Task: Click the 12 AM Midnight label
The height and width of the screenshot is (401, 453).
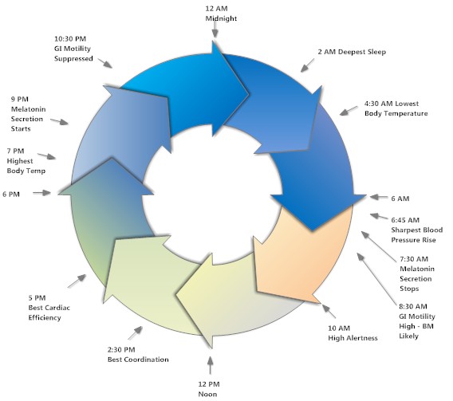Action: [221, 14]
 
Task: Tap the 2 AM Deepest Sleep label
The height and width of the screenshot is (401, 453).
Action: [352, 52]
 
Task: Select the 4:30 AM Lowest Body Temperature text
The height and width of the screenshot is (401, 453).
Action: [396, 108]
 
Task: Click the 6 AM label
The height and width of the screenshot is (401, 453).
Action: [400, 199]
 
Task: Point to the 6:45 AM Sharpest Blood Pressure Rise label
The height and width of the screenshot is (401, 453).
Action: [417, 230]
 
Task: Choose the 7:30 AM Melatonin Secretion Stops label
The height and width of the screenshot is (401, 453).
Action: [417, 273]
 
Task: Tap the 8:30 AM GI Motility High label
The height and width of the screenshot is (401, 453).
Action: [417, 321]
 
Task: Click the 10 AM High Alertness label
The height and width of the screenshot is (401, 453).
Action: [353, 333]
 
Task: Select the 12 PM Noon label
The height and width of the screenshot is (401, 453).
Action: [209, 389]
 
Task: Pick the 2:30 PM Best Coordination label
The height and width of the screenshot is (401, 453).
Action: [138, 355]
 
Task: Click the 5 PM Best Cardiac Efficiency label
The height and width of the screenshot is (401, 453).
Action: [49, 308]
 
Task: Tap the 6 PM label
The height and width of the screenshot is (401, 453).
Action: [11, 195]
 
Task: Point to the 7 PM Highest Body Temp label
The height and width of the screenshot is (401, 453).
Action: [26, 161]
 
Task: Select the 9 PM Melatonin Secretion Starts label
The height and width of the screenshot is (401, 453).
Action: [29, 114]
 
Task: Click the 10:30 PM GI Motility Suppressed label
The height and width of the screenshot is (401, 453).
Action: [73, 49]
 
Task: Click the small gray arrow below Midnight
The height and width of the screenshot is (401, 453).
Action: [215, 29]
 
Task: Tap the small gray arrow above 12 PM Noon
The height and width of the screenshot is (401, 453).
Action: [211, 365]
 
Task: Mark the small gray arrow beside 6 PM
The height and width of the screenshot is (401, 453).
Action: [42, 193]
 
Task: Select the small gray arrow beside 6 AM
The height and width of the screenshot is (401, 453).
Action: [379, 197]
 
